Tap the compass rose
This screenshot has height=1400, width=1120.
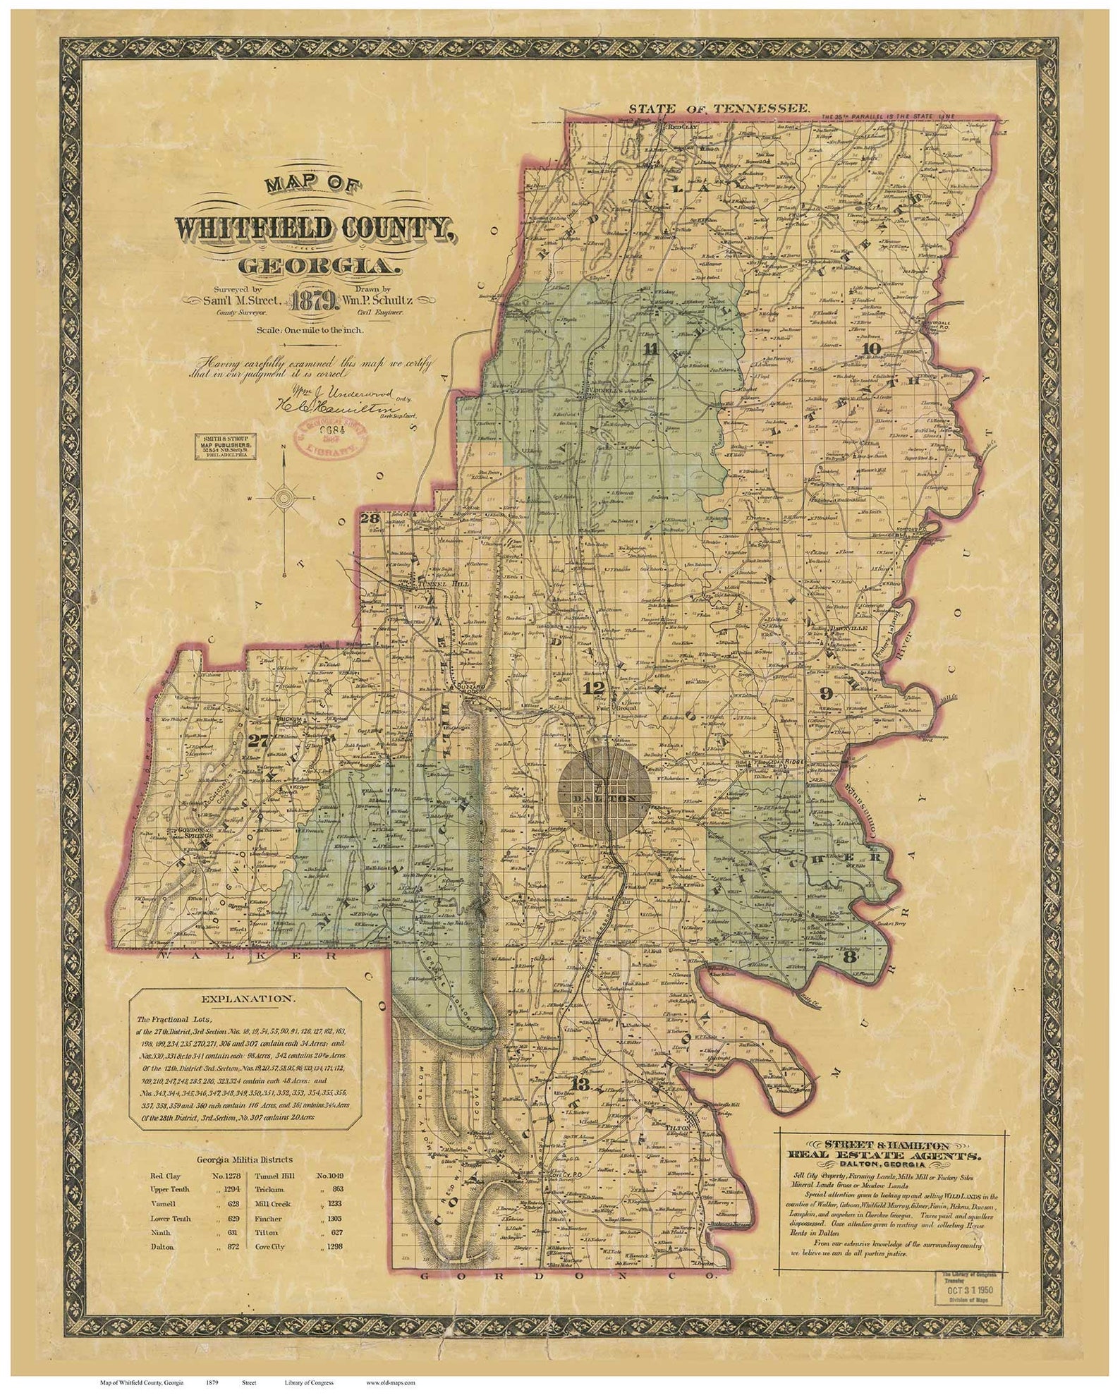pos(284,498)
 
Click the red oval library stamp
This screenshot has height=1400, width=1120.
pos(333,439)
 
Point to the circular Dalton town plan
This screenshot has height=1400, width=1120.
pos(604,793)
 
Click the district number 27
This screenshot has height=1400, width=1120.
pos(260,740)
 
